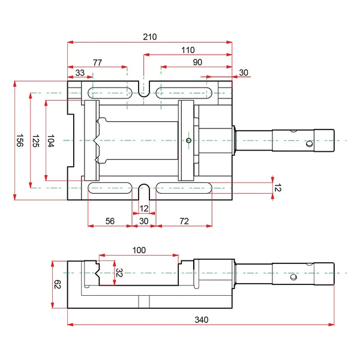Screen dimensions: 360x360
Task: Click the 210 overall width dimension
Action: tap(149, 37)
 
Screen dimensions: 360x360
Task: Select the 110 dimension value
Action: tap(188, 50)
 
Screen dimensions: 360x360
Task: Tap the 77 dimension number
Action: tap(97, 62)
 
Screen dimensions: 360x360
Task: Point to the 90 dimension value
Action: tap(197, 62)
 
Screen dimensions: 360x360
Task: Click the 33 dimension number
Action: tap(80, 73)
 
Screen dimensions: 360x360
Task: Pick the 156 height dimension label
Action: tap(20, 140)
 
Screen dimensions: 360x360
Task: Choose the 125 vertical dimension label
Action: tap(35, 141)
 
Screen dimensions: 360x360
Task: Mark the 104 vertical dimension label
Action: tap(51, 140)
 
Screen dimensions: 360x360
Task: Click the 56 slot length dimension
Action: tap(110, 221)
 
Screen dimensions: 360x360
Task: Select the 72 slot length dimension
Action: tap(184, 221)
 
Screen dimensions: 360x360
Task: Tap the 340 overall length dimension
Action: tap(202, 320)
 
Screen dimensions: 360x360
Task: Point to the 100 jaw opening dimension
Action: tap(139, 250)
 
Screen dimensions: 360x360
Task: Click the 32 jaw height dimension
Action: tap(119, 273)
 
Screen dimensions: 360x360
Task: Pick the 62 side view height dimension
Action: tap(57, 284)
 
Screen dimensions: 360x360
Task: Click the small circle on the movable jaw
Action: tap(189, 140)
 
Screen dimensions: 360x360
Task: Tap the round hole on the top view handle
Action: tap(310, 144)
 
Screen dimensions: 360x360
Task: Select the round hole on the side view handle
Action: tap(293, 277)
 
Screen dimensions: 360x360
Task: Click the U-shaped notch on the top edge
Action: tap(144, 89)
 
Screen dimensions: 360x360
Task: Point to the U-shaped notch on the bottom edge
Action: tap(144, 191)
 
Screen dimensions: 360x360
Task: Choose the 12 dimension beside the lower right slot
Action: tap(278, 188)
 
